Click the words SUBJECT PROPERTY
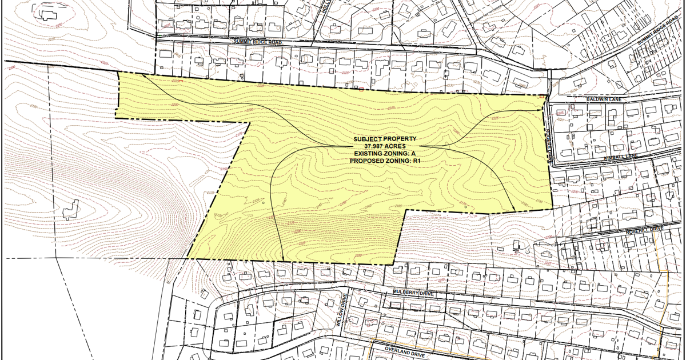385,139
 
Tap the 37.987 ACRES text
385,146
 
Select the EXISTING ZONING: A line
385,154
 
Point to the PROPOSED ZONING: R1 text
385,161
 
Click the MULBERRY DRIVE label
413,293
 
